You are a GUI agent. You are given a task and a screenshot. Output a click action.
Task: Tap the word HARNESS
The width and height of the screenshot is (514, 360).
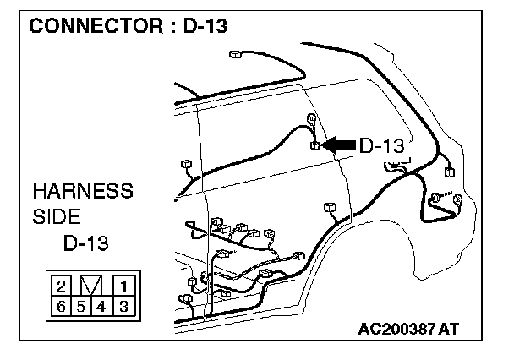pyautogui.click(x=82, y=189)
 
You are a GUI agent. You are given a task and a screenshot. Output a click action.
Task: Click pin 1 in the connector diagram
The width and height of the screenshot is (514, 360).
pyautogui.click(x=123, y=284)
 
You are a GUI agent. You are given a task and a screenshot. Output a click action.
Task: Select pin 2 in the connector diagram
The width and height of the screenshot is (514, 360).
pyautogui.click(x=62, y=284)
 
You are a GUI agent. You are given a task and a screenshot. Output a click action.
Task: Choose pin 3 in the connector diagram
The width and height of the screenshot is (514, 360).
pyautogui.click(x=123, y=305)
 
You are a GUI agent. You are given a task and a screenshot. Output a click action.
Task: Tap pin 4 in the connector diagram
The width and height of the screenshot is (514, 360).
pyautogui.click(x=102, y=305)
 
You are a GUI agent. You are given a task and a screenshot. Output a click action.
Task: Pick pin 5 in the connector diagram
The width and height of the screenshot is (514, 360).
pyautogui.click(x=82, y=305)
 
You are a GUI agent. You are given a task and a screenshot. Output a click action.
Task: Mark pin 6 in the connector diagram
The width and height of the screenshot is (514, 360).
pyautogui.click(x=62, y=305)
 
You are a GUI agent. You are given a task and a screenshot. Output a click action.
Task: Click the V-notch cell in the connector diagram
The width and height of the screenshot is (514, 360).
pyautogui.click(x=92, y=285)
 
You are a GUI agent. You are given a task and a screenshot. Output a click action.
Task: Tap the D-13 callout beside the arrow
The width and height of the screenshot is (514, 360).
pyautogui.click(x=381, y=145)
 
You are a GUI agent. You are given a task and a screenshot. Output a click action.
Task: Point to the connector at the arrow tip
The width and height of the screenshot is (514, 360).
pyautogui.click(x=315, y=146)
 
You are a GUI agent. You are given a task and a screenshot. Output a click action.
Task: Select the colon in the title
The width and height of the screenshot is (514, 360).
pyautogui.click(x=171, y=27)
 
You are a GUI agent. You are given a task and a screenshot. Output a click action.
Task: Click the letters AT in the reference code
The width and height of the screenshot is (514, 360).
pyautogui.click(x=451, y=328)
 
